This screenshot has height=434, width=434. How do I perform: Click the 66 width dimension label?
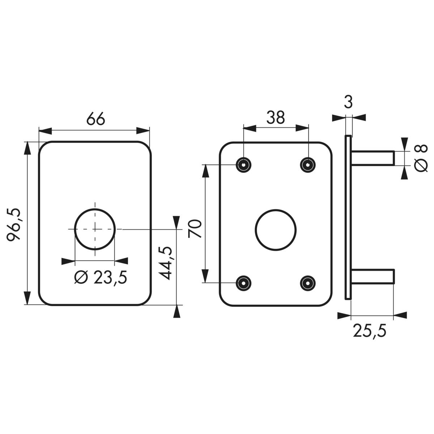(x=96, y=119)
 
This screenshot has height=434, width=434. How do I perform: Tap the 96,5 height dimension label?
(x=14, y=225)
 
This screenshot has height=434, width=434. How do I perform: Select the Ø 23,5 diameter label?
(x=101, y=277)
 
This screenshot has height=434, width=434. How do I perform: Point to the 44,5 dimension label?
(x=165, y=263)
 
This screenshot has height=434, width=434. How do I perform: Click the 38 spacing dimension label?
(x=276, y=117)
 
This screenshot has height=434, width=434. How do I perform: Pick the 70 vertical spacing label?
(x=195, y=229)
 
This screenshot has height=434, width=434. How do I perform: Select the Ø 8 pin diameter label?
(x=421, y=158)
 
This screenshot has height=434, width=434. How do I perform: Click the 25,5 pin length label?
(x=370, y=331)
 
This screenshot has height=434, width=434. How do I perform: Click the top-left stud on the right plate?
(x=243, y=165)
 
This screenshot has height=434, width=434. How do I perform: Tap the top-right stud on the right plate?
(x=308, y=165)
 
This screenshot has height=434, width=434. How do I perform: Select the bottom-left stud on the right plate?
(x=243, y=283)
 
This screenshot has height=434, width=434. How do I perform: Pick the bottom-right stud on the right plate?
(x=308, y=283)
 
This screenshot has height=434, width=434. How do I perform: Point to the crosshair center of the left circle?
(x=95, y=229)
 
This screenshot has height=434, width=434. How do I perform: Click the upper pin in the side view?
(x=373, y=158)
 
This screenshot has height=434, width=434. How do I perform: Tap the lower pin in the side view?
(x=373, y=276)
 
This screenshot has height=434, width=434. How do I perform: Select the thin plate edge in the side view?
(x=348, y=218)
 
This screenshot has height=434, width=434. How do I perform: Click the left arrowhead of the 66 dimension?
(x=45, y=131)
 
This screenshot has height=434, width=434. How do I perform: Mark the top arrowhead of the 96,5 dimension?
(x=27, y=148)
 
